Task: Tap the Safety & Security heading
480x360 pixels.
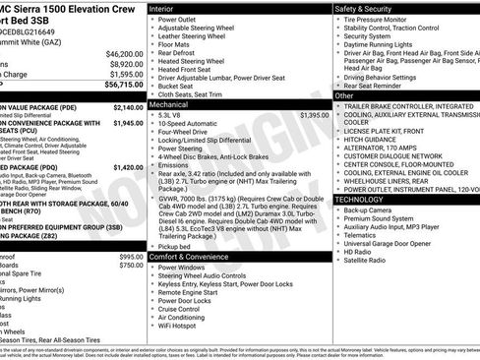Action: [369, 7]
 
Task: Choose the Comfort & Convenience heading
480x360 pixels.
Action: [190, 256]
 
